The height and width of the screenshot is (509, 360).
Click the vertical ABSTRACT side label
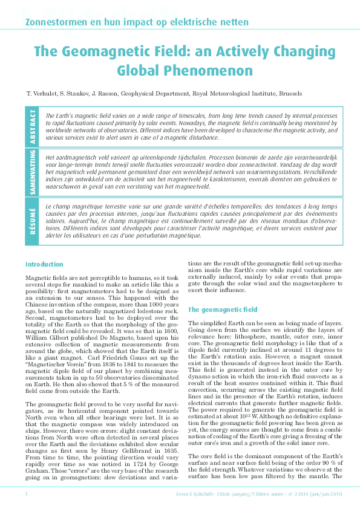tap(33, 128)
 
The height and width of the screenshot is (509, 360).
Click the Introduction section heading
tap(44, 264)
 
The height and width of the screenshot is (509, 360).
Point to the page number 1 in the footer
tap(27, 494)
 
